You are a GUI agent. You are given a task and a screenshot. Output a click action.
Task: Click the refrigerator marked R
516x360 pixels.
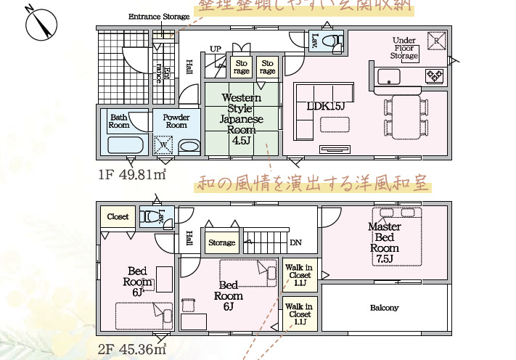pyautogui.click(x=437, y=41)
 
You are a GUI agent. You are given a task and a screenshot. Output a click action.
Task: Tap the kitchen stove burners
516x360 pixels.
pyautogui.click(x=434, y=74)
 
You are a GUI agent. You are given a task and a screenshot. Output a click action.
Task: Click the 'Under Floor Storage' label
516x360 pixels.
pyautogui.click(x=404, y=48)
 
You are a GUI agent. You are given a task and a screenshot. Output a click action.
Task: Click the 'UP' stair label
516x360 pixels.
pyautogui.click(x=216, y=49)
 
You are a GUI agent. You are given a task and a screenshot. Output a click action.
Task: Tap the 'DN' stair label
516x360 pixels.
pyautogui.click(x=295, y=242)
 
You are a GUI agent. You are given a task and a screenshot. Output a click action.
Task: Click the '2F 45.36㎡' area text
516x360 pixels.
pyautogui.click(x=133, y=350)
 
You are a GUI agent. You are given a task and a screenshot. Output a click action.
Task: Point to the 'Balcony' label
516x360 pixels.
pyautogui.click(x=384, y=308)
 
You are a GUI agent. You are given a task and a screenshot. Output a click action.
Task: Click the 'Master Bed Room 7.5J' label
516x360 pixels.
pyautogui.click(x=384, y=242)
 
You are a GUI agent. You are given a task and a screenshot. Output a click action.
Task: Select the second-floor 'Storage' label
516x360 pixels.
pyautogui.click(x=221, y=242)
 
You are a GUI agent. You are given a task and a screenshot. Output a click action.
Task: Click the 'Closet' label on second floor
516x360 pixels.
pyautogui.click(x=118, y=216)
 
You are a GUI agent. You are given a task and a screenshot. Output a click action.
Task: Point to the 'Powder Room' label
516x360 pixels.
pyautogui.click(x=176, y=120)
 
